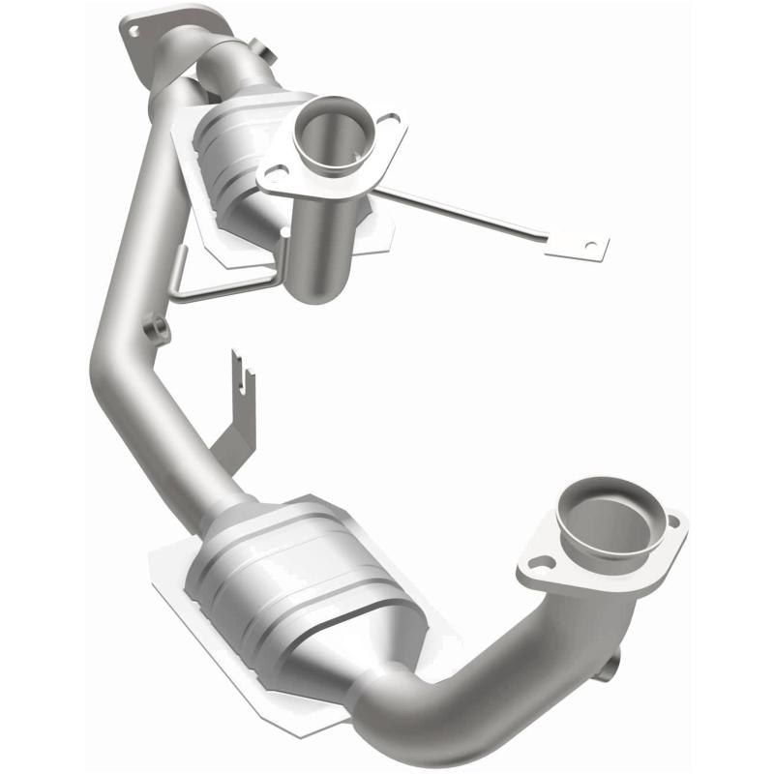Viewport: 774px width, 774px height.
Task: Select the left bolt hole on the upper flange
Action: pyautogui.click(x=275, y=175)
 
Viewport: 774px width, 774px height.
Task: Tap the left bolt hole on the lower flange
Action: pyautogui.click(x=542, y=561)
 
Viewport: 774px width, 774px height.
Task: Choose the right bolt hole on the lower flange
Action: pyautogui.click(x=673, y=523)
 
